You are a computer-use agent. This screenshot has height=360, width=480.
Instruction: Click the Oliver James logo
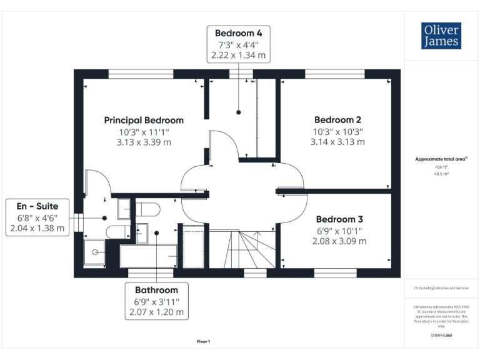pos(441,36)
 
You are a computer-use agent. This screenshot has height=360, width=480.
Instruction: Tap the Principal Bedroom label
pos(144,120)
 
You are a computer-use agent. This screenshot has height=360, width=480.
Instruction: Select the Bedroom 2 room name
pos(337,119)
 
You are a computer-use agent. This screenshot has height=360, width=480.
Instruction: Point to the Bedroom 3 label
pos(339,219)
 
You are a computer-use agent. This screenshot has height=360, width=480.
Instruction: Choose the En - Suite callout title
pos(37,206)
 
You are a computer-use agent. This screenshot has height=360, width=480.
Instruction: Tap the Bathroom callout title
pos(156,290)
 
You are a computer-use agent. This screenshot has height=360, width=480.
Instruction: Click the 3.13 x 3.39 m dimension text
pos(144,142)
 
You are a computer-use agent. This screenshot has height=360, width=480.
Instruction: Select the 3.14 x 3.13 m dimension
pos(337,142)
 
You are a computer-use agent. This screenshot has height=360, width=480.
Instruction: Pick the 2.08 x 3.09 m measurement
pos(339,241)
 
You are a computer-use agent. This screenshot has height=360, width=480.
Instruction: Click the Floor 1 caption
pos(204,341)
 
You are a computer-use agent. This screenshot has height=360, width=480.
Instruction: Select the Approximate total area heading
pos(441,159)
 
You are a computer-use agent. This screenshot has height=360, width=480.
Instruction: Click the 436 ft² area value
pos(441,167)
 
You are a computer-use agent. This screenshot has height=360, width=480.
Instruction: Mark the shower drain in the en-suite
pos(95,252)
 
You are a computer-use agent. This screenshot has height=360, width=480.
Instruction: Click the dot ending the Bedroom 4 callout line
pos(239,112)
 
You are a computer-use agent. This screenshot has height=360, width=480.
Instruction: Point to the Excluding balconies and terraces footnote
pos(441,287)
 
